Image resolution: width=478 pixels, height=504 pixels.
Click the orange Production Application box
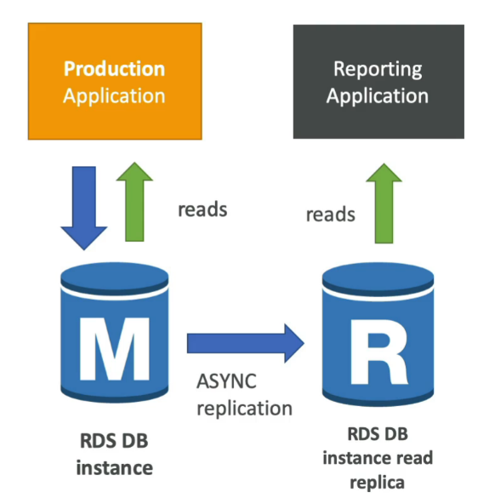click(114, 81)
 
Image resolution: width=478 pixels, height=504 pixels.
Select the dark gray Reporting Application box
click(378, 81)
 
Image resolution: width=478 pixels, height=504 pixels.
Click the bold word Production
click(115, 69)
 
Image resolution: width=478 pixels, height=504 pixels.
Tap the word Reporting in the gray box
click(378, 69)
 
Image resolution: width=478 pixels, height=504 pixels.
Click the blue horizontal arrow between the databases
click(245, 341)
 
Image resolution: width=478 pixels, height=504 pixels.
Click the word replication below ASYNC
click(245, 408)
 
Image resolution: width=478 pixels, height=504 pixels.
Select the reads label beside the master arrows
click(202, 209)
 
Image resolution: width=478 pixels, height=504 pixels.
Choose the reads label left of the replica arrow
click(330, 214)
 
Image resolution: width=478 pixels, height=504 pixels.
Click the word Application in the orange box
click(114, 94)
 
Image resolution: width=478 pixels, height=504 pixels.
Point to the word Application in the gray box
click(378, 94)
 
